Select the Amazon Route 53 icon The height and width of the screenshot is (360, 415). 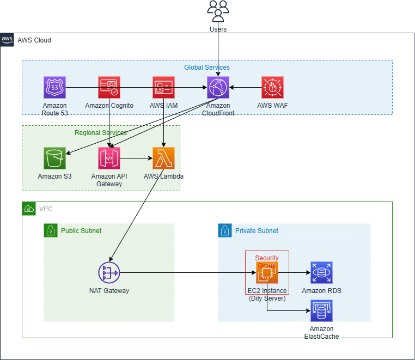tap(54, 87)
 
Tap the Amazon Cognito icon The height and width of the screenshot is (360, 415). tap(109, 87)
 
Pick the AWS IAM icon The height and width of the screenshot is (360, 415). tap(163, 87)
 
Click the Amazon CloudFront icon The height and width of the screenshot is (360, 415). tap(218, 87)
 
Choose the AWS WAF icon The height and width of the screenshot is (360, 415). tap(272, 87)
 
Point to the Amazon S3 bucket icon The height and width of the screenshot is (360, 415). tap(54, 158)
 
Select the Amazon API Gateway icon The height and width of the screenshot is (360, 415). tap(109, 158)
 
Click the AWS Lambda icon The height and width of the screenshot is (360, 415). tap(163, 158)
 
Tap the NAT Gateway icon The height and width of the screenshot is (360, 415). tap(109, 273)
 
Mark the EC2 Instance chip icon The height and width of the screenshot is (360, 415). tap(267, 273)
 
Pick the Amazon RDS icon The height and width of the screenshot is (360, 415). tap(321, 273)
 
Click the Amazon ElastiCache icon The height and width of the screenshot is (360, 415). tap(321, 310)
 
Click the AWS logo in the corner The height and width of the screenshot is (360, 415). tap(7, 40)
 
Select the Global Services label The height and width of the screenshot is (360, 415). tap(206, 68)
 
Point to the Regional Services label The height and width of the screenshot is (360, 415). tap(101, 133)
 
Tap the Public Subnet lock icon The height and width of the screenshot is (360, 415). tap(50, 230)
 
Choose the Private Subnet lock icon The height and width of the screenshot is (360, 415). tap(224, 230)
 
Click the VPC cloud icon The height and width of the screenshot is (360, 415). tap(28, 209)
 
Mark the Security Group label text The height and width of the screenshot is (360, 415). tap(267, 261)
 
